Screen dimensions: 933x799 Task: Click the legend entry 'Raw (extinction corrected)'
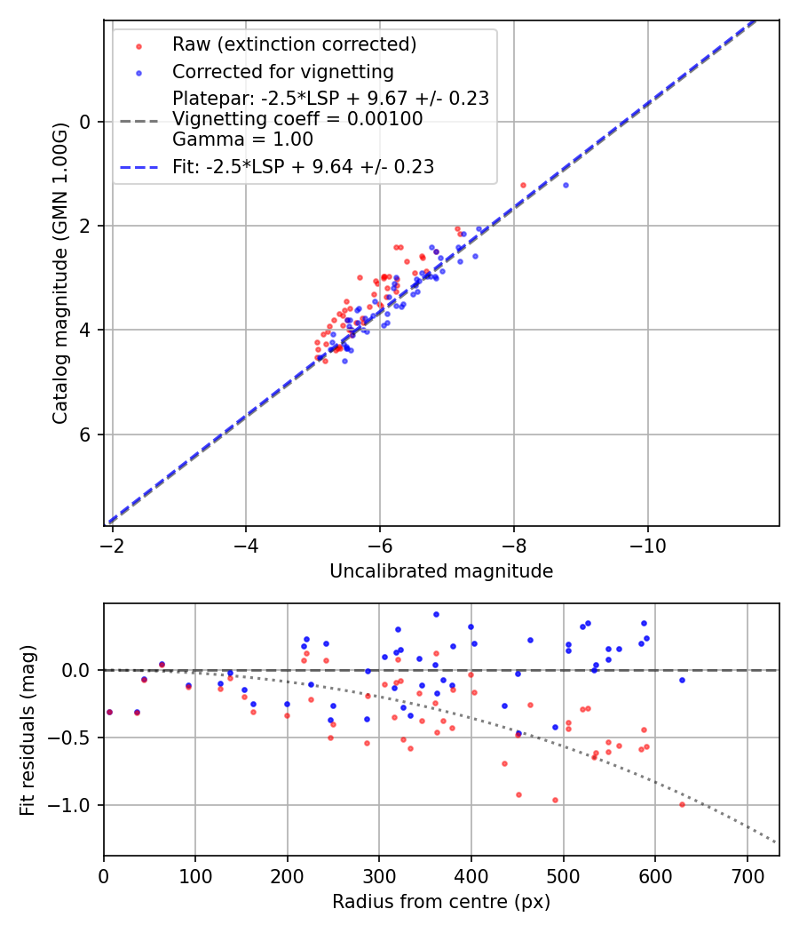294,44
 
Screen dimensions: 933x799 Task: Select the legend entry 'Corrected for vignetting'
282,72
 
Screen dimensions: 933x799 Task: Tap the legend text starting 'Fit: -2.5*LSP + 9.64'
303,167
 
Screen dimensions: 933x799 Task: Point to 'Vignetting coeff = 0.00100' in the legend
297,119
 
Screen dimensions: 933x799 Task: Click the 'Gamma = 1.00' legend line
242,140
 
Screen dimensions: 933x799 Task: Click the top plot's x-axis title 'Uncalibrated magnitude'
441,571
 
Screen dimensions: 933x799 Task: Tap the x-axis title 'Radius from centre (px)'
441,902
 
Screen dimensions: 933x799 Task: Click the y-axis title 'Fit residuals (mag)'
28,730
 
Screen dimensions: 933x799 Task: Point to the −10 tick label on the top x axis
647,545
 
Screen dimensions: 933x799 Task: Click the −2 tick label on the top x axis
113,545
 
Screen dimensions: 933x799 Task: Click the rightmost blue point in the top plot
566,185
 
